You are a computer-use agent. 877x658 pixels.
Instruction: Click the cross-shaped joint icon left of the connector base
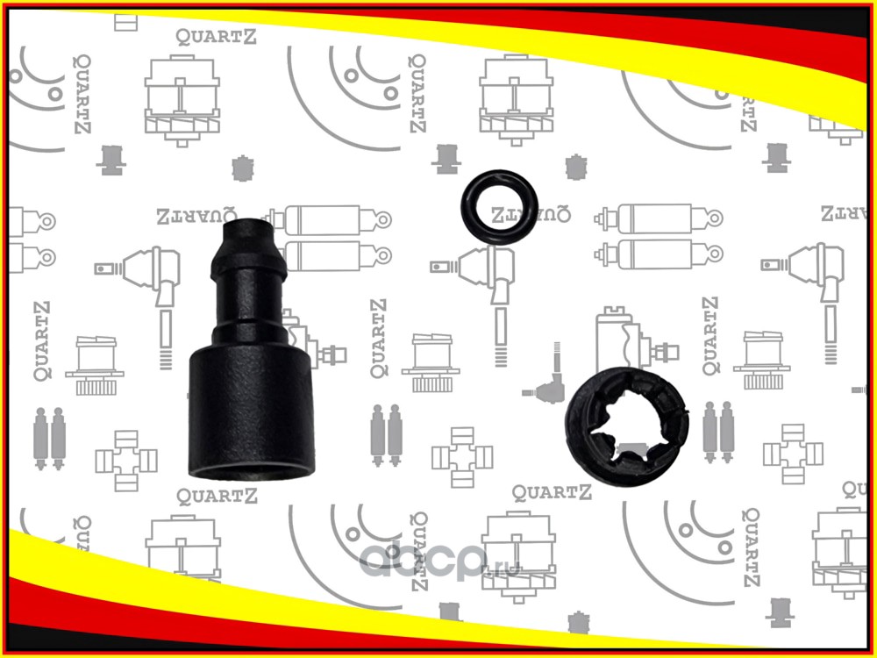click(x=125, y=459)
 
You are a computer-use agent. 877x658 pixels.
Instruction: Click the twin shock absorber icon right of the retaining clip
click(x=717, y=434)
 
